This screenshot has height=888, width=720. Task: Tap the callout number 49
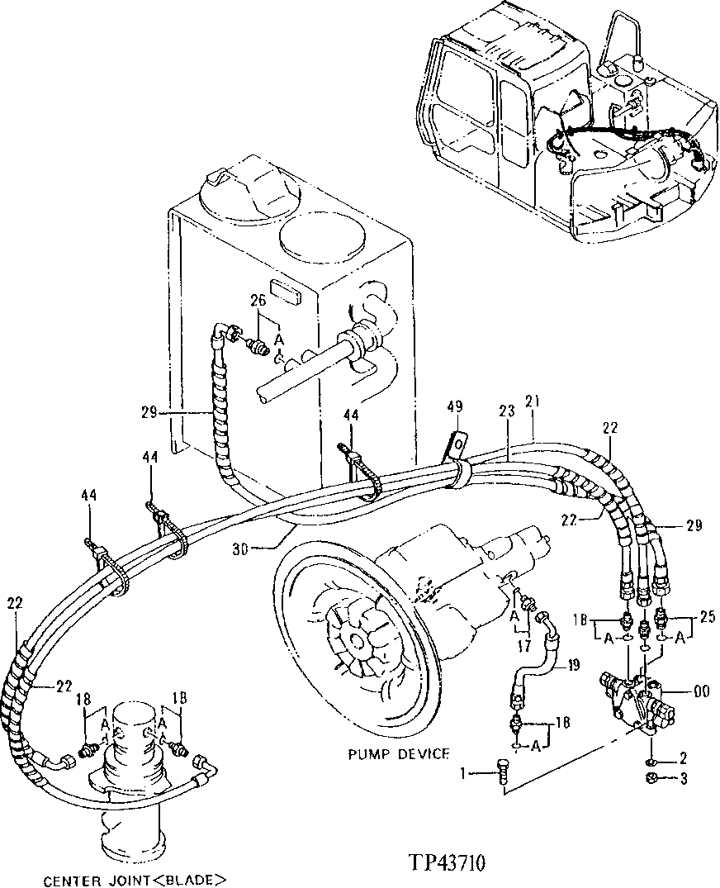[455, 407]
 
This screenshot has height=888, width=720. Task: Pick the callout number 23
[505, 411]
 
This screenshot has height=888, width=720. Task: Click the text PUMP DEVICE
[398, 753]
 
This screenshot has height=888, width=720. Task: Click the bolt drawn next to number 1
[503, 773]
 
